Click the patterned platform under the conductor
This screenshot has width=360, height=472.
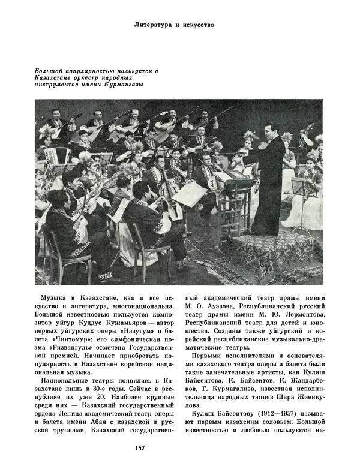tap(282, 252)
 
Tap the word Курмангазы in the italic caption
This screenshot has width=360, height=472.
tap(126, 84)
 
